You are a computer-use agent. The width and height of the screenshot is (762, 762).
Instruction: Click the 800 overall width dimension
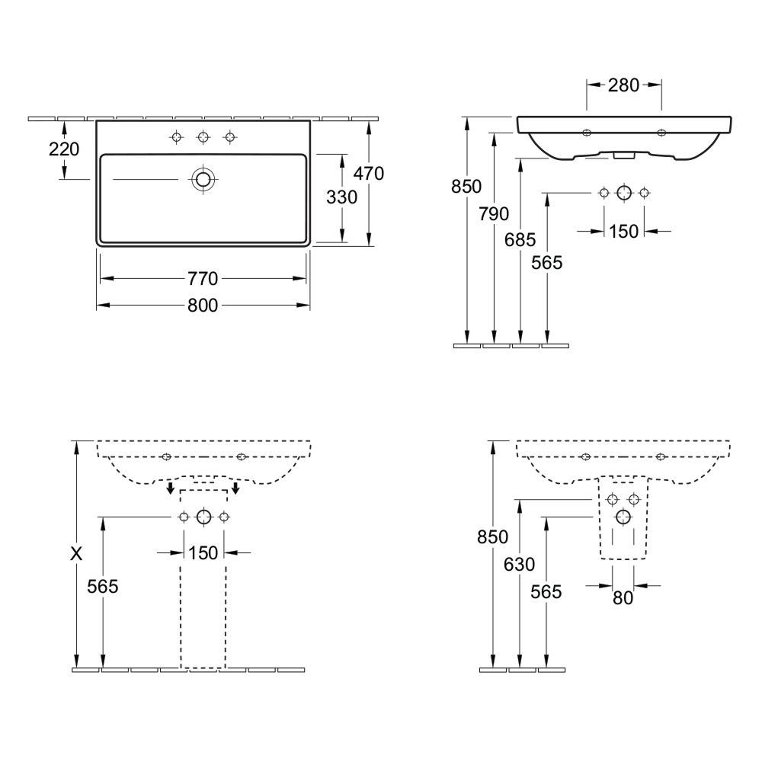pos(203,306)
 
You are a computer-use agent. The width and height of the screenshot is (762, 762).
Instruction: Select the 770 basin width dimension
pos(203,279)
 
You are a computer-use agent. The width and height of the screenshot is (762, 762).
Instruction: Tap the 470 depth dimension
pos(369,174)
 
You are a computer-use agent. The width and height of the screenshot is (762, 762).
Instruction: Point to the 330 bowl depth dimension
pos(341,197)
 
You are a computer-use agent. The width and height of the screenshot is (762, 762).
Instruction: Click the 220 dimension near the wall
pos(64,149)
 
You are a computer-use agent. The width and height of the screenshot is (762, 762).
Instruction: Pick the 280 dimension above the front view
pos(623,85)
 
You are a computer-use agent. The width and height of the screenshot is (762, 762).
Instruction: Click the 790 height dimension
pos(494,214)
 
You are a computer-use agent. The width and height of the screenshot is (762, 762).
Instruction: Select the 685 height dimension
pos(520,239)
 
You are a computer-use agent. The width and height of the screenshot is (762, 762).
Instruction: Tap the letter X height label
pos(76,553)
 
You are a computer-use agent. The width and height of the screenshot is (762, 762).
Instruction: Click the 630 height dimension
pos(520,564)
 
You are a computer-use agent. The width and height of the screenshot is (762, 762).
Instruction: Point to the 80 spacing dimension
pos(623,598)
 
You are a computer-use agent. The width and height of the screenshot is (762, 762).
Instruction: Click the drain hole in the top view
pos(203,180)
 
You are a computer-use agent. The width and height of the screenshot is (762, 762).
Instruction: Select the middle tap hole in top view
pos(203,137)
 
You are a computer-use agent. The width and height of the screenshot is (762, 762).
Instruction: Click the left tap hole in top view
pos(177,137)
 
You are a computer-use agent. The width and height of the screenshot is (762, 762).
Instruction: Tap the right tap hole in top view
pos(230,137)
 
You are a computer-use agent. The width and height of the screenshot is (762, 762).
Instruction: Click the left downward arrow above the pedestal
pos(170,488)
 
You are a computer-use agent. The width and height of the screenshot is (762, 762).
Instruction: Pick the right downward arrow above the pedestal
pos(235,488)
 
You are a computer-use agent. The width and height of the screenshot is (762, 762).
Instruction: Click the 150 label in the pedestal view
pos(203,553)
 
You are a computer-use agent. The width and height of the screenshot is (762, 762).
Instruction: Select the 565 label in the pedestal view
pos(103,587)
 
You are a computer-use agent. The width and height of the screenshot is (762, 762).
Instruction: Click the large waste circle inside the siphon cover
pos(623,517)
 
